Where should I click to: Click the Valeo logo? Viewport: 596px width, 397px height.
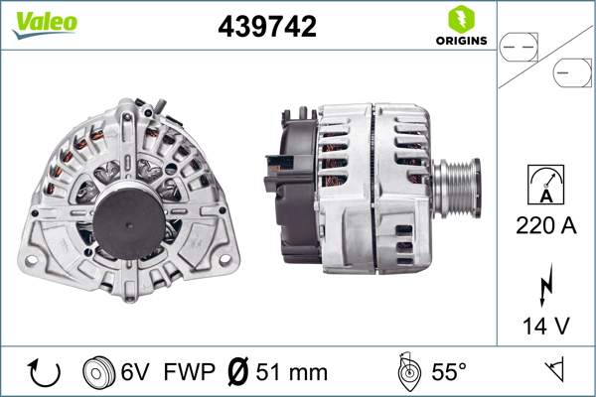[x=45, y=25]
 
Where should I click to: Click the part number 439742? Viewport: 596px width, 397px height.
[x=267, y=26]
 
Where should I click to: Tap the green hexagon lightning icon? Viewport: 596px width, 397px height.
[x=462, y=20]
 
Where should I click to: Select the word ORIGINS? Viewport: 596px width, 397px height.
[x=462, y=41]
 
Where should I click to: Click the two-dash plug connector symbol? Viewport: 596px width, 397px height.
[x=519, y=48]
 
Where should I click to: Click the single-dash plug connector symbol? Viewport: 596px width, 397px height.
[x=572, y=72]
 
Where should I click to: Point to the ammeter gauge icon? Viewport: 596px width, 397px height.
[x=545, y=185]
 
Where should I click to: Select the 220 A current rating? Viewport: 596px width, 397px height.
[x=545, y=225]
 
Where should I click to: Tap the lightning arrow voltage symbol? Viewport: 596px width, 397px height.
[x=545, y=285]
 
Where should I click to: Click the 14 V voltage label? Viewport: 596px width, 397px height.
[x=546, y=326]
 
